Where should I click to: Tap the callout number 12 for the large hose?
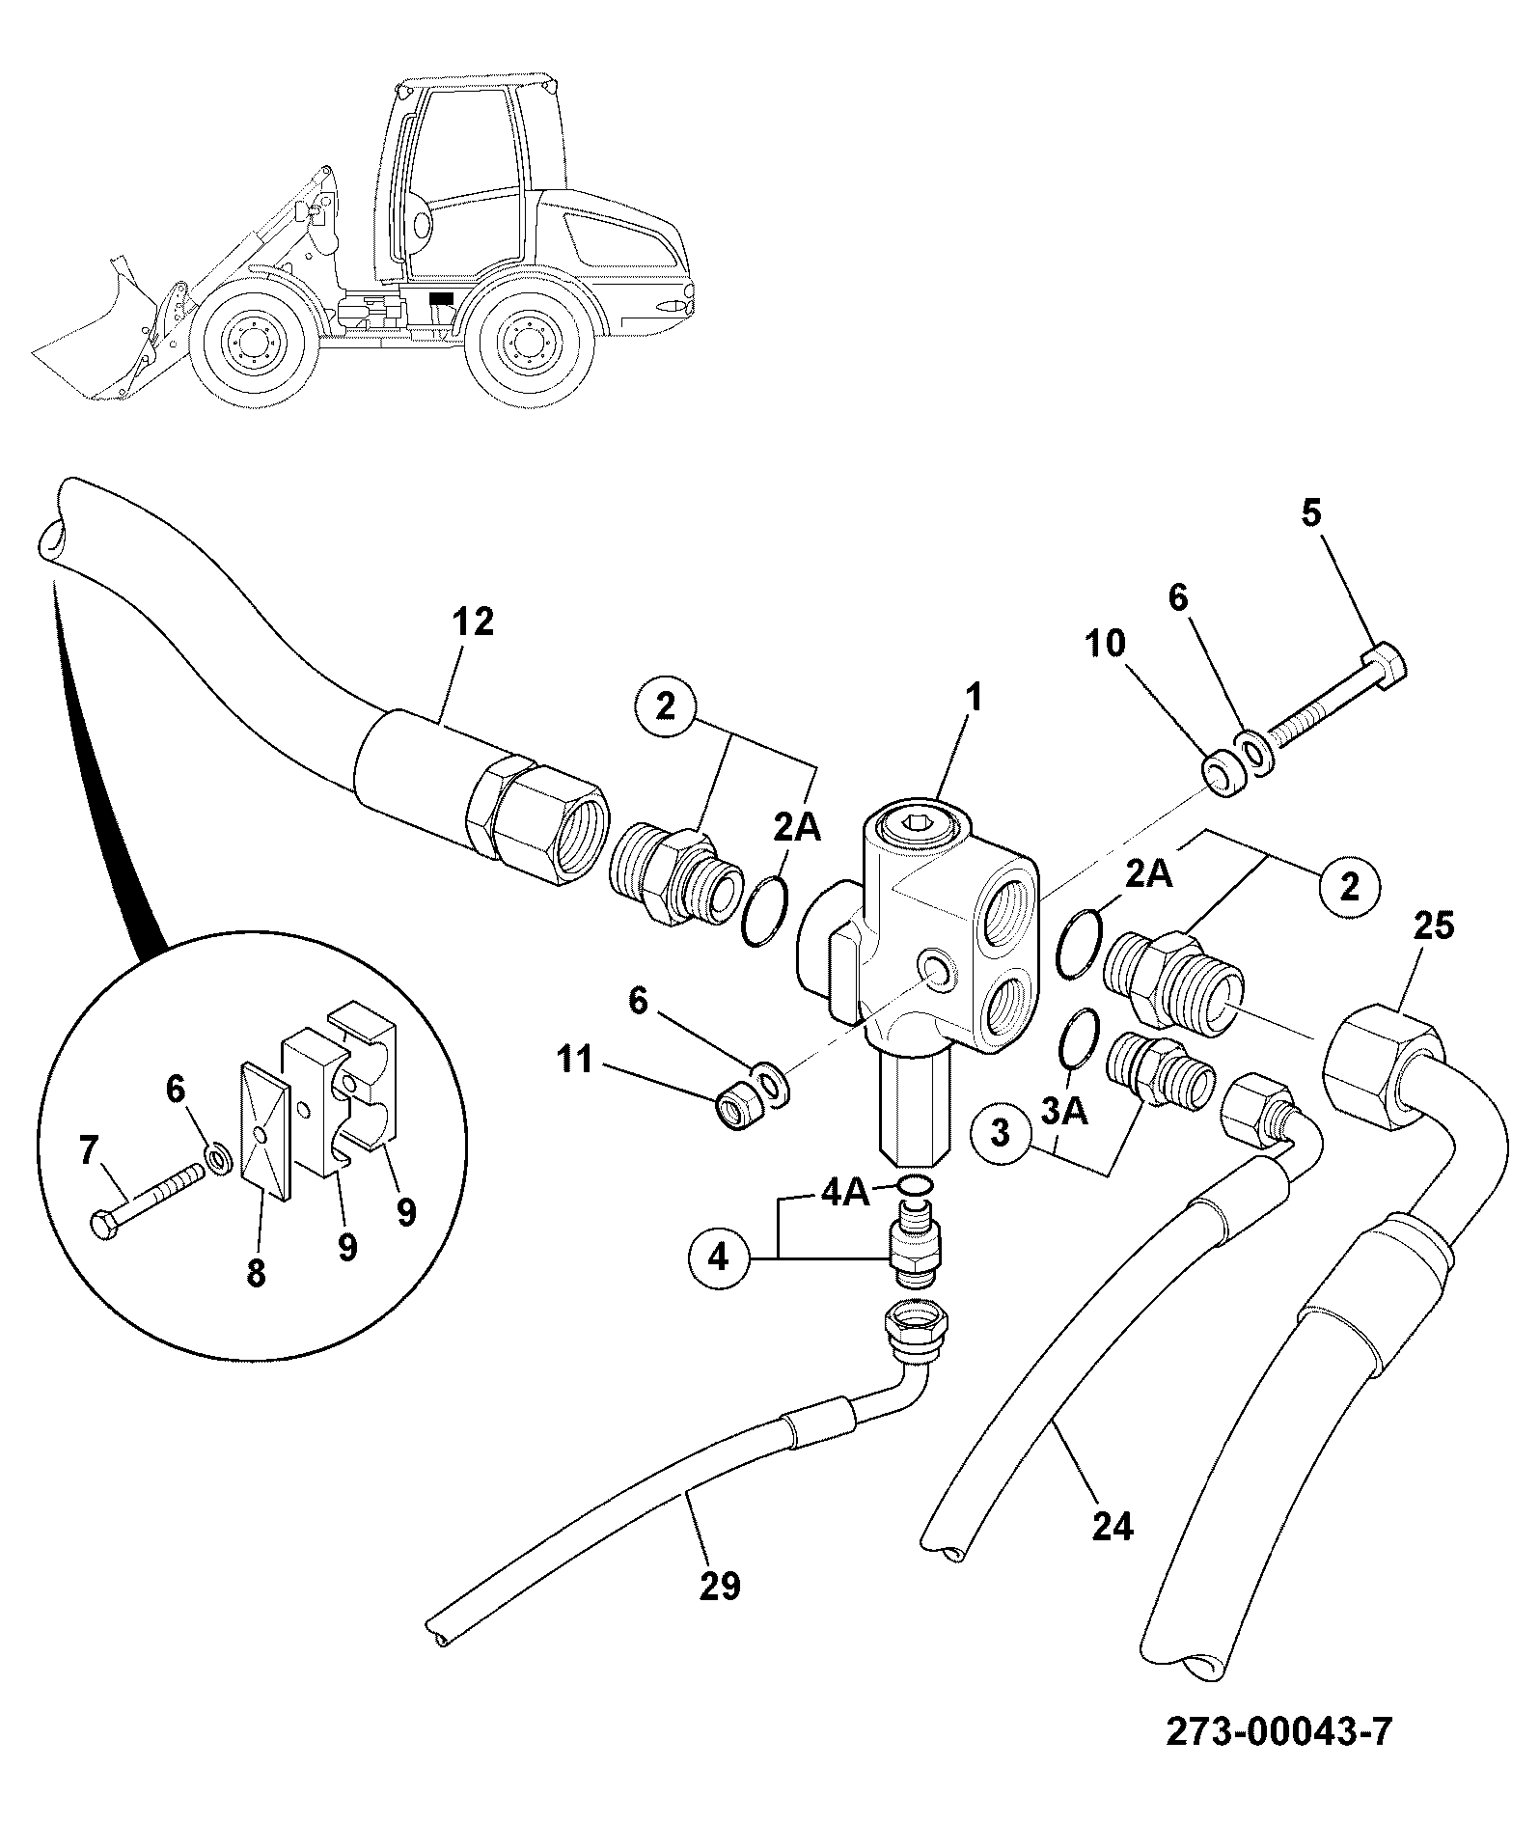point(473,622)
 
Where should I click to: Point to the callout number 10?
point(1107,644)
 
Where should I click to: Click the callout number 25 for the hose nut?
point(1434,926)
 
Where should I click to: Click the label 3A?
point(1064,1113)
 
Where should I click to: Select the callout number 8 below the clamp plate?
point(256,1274)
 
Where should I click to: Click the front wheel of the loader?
point(255,341)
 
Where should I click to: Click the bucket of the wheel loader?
point(96,333)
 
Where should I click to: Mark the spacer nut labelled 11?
point(740,1108)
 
